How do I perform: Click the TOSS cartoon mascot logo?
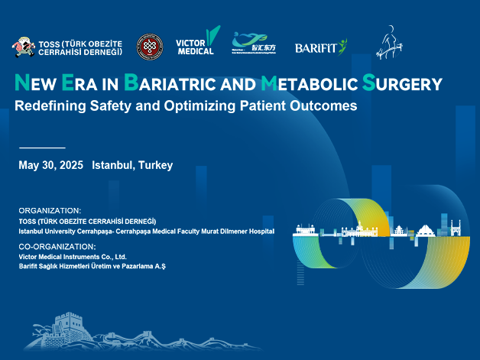[x=23, y=47]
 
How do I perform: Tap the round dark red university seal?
[x=149, y=47]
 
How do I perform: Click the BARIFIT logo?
[x=320, y=47]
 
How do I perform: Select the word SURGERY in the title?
[x=402, y=83]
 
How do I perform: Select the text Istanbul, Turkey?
[x=132, y=165]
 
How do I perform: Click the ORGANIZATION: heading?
[x=50, y=210]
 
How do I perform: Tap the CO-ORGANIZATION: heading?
[x=57, y=247]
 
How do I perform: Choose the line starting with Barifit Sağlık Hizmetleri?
[x=92, y=265]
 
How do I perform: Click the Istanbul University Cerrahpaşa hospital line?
[x=146, y=230]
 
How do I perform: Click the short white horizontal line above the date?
[x=41, y=147]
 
